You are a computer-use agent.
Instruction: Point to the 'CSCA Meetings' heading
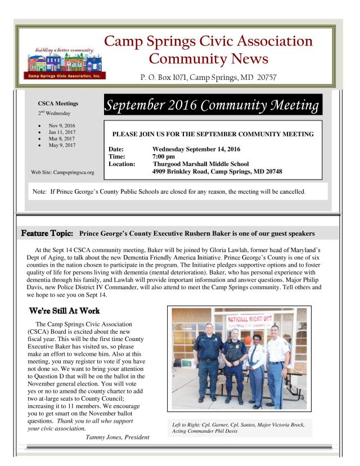tap(58, 104)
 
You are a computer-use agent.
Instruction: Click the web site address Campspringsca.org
tap(62, 171)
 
